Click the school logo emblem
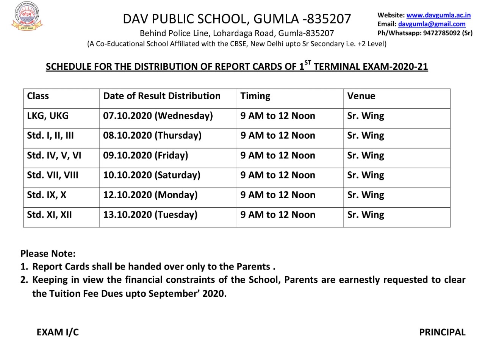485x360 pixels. (26, 16)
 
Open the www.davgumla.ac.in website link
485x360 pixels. (438, 15)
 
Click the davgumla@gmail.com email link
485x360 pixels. (432, 24)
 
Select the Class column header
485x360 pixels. (38, 96)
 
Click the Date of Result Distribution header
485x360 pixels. (161, 96)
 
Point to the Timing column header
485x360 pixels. (255, 96)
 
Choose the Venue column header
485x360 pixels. (361, 96)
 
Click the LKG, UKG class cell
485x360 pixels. (48, 116)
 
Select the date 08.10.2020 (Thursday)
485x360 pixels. (152, 135)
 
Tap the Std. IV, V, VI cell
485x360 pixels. (54, 155)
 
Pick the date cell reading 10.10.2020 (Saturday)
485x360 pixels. (152, 175)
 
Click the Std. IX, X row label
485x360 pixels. (47, 195)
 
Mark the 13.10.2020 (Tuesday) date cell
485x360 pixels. (150, 214)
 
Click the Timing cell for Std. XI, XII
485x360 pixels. (278, 214)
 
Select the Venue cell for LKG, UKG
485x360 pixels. (365, 116)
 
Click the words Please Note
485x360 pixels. (48, 254)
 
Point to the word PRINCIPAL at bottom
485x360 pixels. (442, 332)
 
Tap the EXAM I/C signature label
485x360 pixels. (58, 332)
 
